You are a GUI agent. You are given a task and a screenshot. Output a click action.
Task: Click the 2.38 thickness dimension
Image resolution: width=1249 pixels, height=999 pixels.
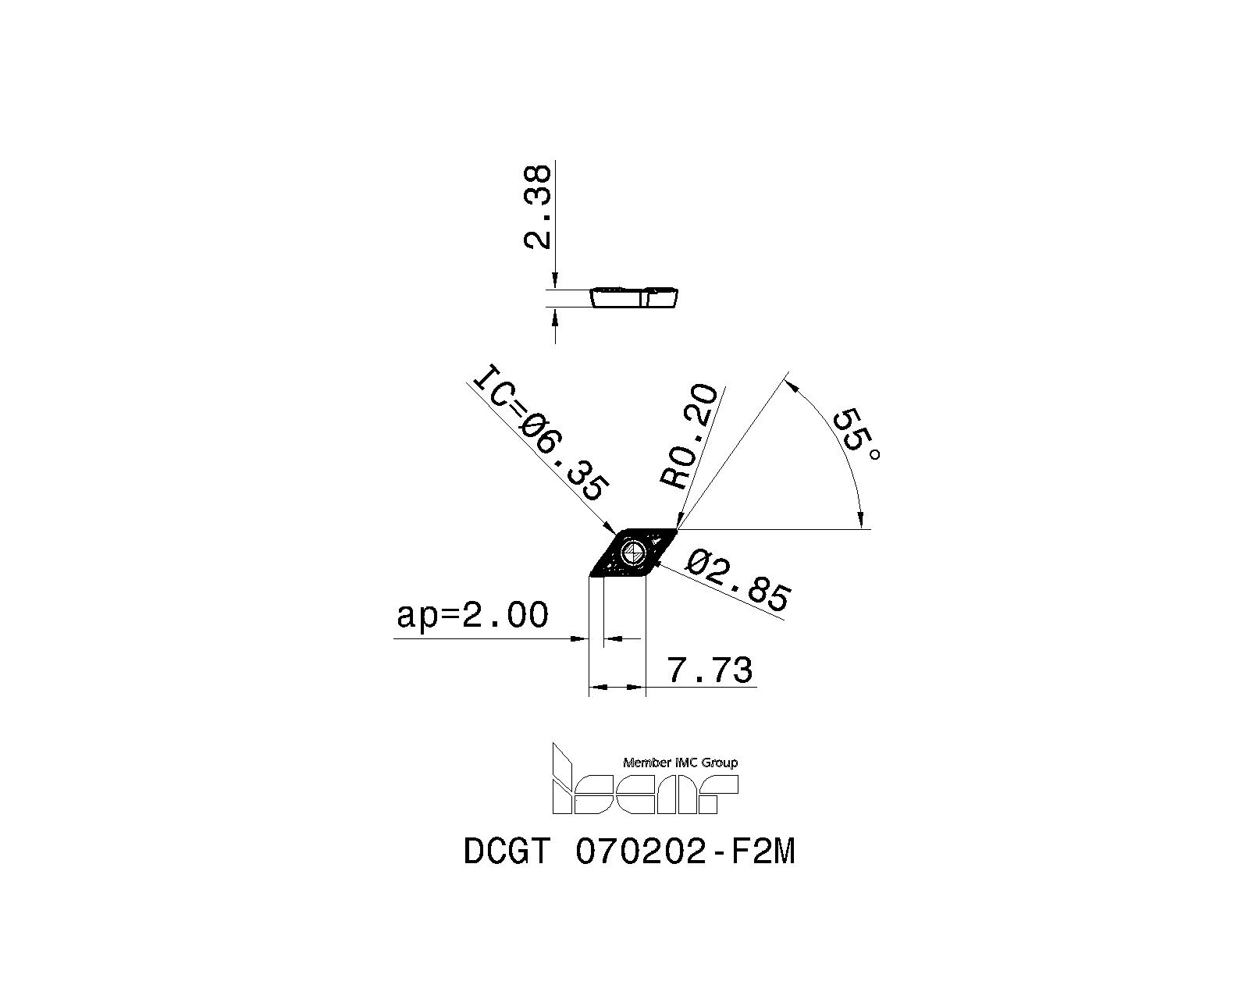(537, 207)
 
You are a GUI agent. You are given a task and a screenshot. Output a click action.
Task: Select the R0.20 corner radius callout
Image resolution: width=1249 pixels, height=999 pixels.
(689, 436)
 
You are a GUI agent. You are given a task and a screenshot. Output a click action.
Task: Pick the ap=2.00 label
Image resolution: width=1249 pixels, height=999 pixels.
(472, 615)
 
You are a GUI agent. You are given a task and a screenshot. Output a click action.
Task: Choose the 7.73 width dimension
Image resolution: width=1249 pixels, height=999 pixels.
(710, 670)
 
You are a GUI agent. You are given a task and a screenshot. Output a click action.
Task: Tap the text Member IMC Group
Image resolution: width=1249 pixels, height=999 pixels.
(680, 763)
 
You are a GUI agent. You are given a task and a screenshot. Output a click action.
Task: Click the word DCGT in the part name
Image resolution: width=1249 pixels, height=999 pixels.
(507, 853)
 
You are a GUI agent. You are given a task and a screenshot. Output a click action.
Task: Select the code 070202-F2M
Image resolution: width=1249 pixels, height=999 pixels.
(685, 853)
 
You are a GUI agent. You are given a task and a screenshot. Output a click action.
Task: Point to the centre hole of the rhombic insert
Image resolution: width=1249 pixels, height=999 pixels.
(632, 553)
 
